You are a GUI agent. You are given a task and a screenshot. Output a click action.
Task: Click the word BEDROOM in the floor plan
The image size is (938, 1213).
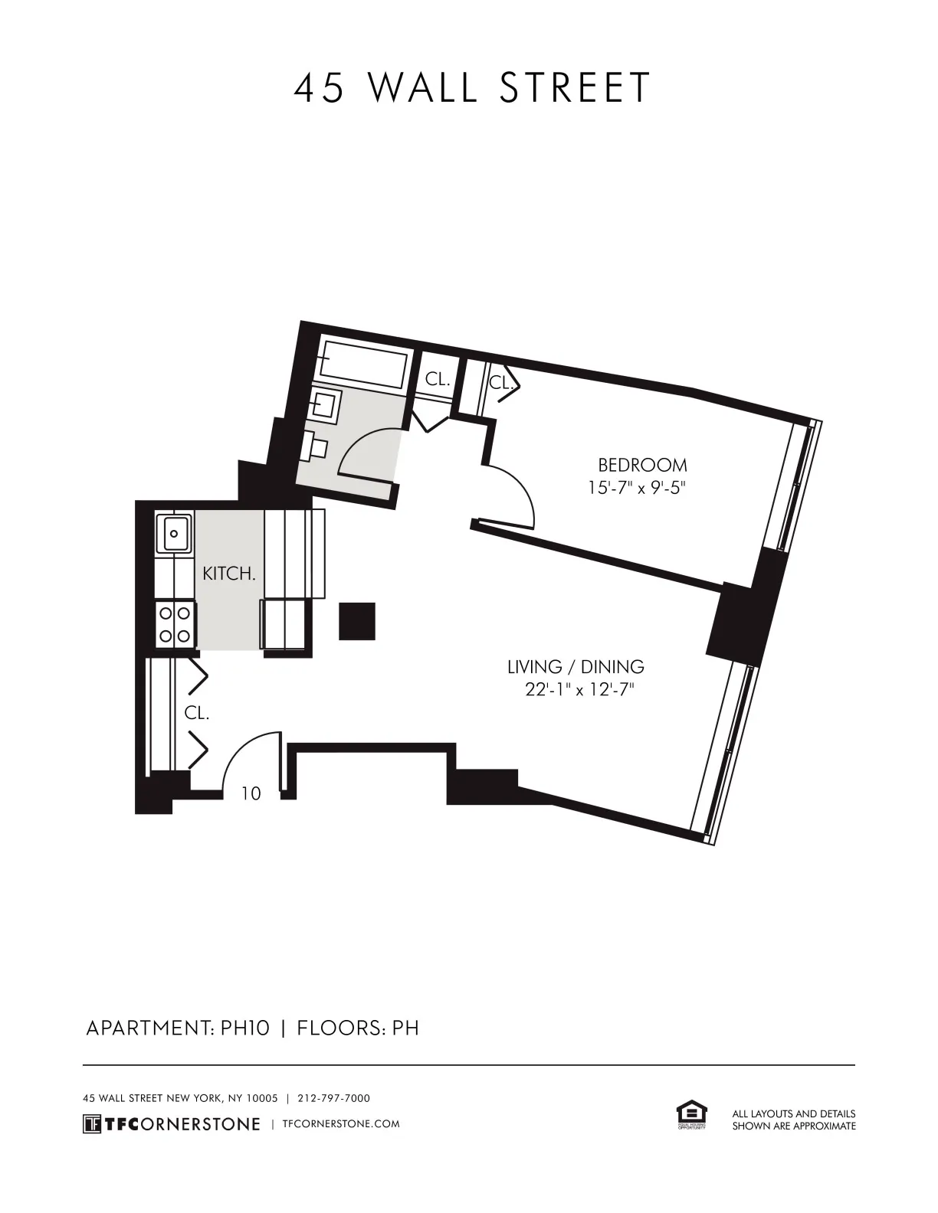point(642,465)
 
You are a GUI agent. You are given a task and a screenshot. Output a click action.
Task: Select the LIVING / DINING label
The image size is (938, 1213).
point(576,667)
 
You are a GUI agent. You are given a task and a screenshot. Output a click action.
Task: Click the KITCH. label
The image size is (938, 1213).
point(228,574)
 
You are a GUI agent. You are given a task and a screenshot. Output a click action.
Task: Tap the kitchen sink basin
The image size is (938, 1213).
point(175,534)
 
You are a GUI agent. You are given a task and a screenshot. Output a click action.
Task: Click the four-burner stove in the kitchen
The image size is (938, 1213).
point(175,624)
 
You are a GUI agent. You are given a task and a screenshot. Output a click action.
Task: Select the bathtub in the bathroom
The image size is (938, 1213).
point(363,365)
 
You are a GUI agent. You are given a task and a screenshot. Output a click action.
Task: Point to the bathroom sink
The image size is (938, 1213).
point(326,404)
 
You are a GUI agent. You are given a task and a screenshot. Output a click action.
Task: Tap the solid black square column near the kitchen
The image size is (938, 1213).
point(357,621)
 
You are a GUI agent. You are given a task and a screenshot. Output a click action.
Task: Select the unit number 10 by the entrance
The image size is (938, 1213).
point(251,794)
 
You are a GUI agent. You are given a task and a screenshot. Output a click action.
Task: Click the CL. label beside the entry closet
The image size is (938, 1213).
point(197,713)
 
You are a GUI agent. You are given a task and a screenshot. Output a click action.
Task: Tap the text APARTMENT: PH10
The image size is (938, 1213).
point(177,1028)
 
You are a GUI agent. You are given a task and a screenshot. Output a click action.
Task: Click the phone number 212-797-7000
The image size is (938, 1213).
point(333,1098)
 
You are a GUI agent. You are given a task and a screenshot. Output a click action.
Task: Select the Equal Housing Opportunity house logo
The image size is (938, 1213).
point(691,1115)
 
